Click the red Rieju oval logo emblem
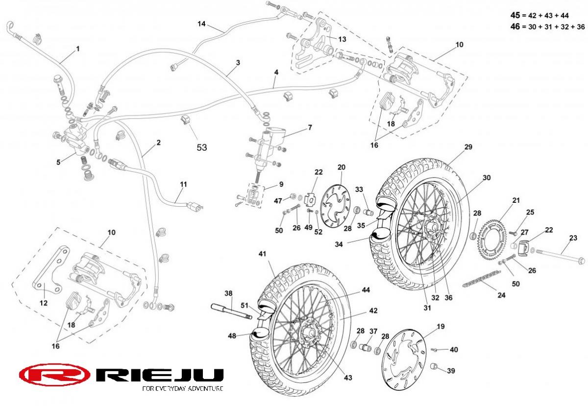(54, 375)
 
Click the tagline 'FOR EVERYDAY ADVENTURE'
(183, 388)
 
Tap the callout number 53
(201, 147)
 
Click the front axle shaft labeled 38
(231, 311)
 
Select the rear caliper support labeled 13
(313, 45)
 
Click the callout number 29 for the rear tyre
(468, 147)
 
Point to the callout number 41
(262, 254)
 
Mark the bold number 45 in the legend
(515, 15)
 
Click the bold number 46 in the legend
(515, 26)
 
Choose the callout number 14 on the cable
(201, 24)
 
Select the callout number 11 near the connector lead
(183, 185)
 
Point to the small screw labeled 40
(435, 350)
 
